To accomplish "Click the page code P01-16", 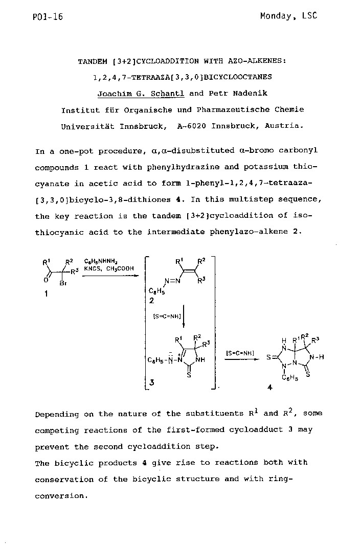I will (48, 17).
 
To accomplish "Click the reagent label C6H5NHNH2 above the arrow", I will (99, 260).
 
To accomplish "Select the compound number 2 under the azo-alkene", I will (151, 301).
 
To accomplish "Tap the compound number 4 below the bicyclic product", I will (269, 387).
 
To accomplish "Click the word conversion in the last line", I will (61, 495).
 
